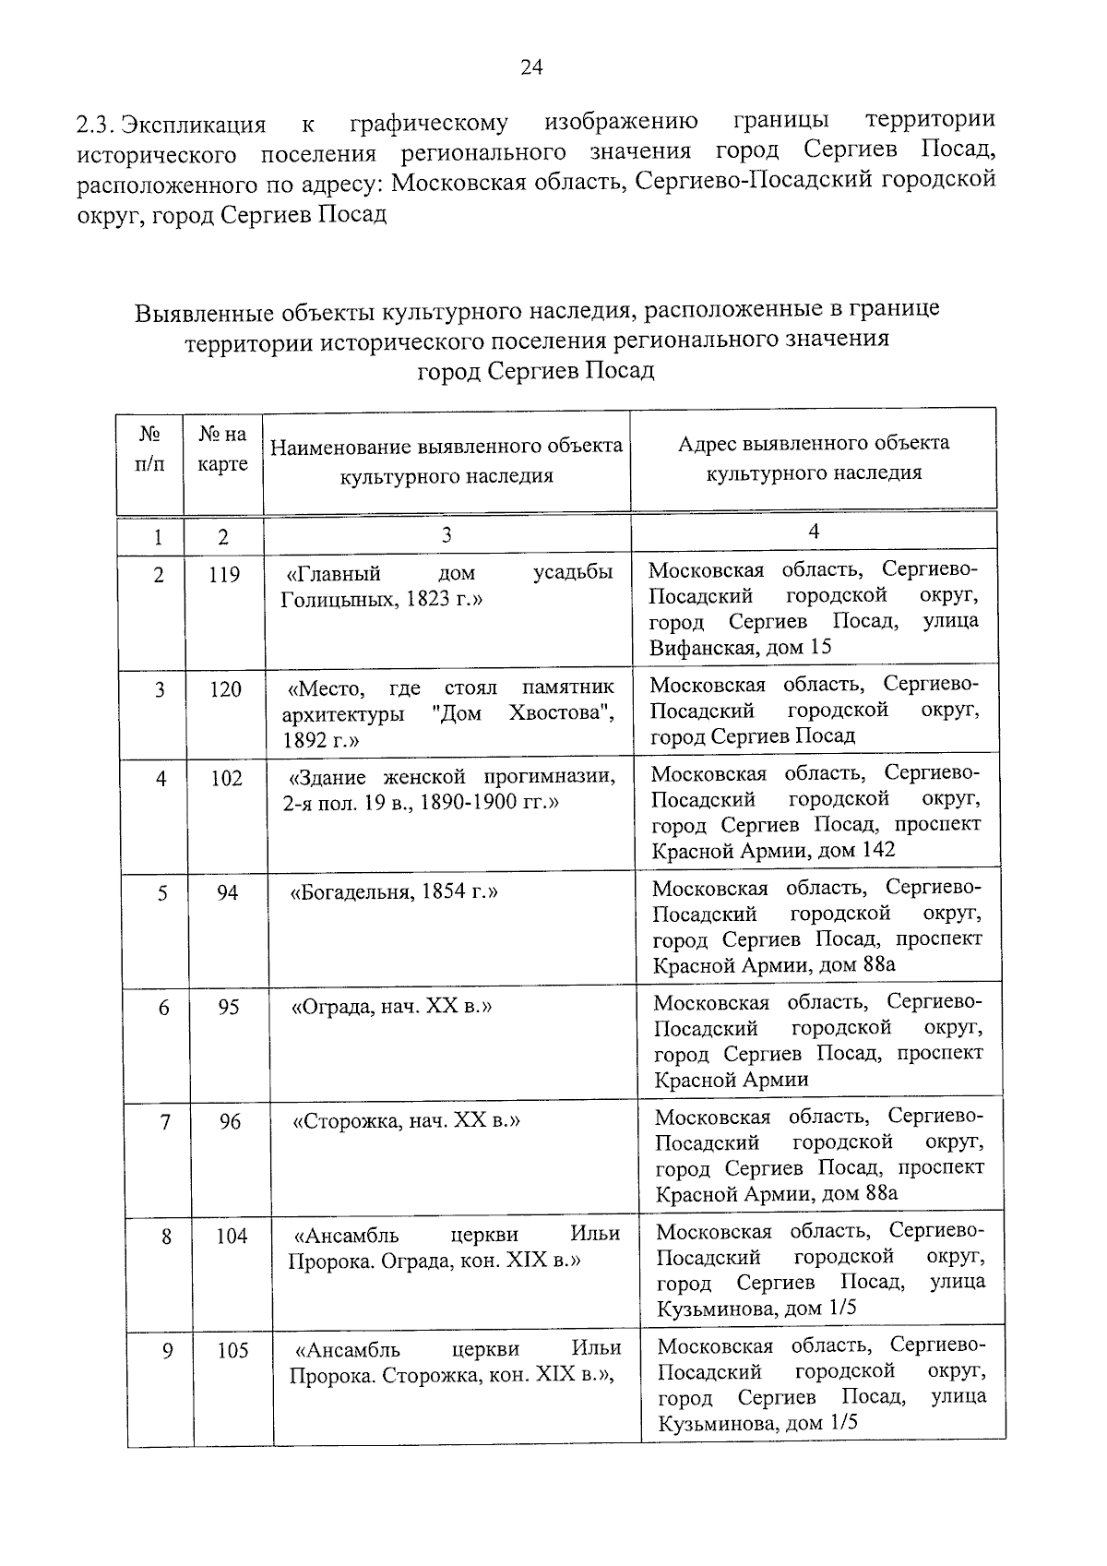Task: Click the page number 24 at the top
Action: [532, 66]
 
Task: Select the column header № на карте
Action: [223, 448]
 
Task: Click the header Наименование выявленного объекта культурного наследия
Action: [446, 461]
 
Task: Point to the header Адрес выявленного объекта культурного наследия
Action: [814, 458]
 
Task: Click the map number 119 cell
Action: [224, 575]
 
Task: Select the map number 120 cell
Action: [225, 689]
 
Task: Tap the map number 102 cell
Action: [226, 778]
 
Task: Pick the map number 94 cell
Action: [228, 892]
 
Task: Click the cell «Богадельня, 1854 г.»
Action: [394, 892]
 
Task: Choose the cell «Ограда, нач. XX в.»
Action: [391, 1007]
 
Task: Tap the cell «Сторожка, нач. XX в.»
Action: [406, 1121]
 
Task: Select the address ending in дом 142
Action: [773, 850]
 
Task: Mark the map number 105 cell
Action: [232, 1351]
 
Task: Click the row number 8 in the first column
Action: [166, 1237]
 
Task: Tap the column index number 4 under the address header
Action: [814, 532]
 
